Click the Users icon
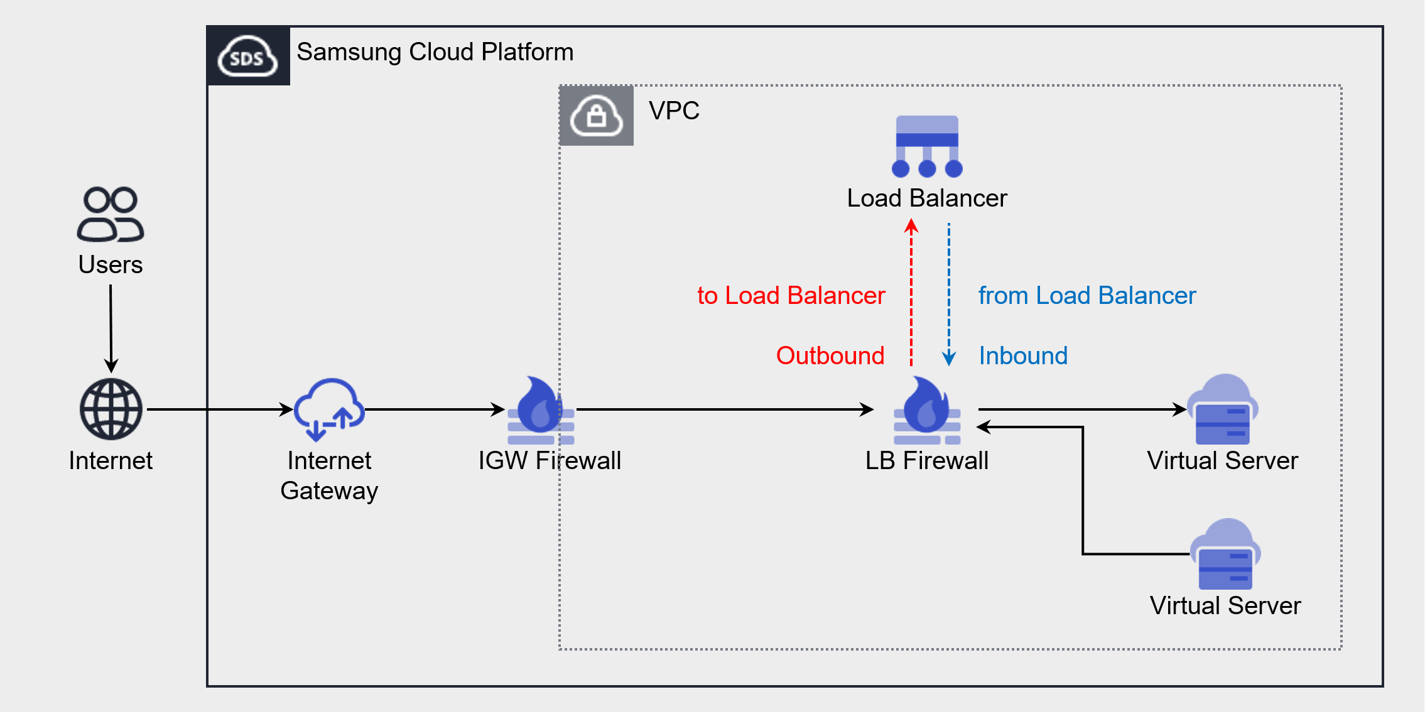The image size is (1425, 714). (x=111, y=214)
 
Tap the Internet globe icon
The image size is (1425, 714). (x=111, y=409)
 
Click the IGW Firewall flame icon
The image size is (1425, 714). (x=541, y=409)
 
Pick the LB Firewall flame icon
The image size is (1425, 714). (x=927, y=409)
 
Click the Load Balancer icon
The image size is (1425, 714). (x=927, y=146)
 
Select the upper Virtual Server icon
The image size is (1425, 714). (x=1222, y=409)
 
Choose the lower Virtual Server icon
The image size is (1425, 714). (x=1225, y=554)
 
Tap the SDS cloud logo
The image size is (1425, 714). (x=248, y=56)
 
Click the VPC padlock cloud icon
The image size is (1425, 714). (x=596, y=116)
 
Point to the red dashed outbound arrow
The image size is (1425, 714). (x=911, y=292)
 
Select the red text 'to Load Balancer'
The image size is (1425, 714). (x=791, y=295)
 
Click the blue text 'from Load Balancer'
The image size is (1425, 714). (x=1086, y=295)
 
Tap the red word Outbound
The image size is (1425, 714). (x=830, y=355)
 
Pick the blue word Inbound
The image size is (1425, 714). (x=1023, y=355)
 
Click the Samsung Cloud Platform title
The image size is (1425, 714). (x=435, y=51)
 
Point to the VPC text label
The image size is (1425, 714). (x=674, y=111)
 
